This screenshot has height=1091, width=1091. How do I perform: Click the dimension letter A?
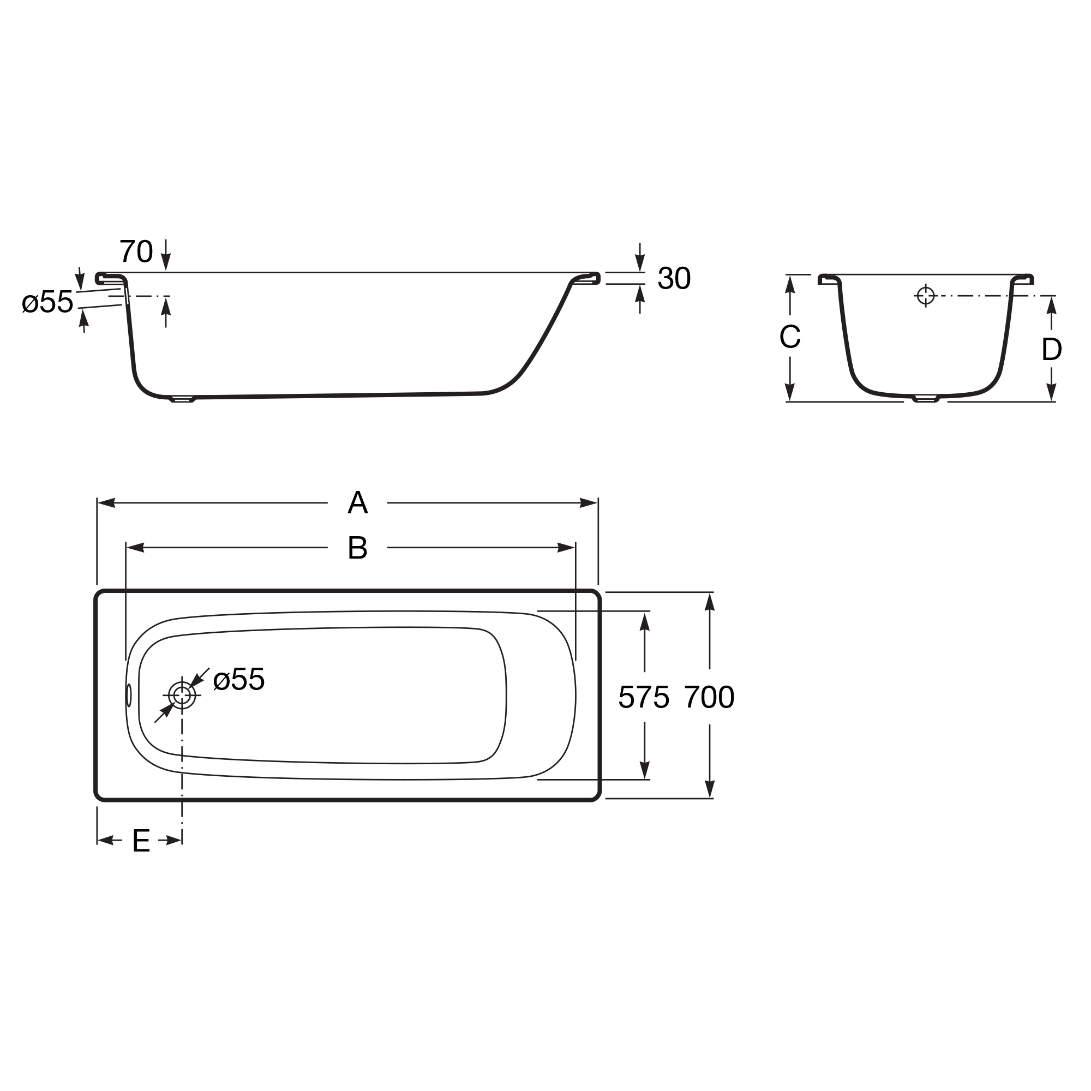pyautogui.click(x=357, y=502)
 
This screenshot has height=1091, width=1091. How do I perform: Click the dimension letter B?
pyautogui.click(x=357, y=547)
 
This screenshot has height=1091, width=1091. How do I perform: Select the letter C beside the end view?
pyautogui.click(x=789, y=337)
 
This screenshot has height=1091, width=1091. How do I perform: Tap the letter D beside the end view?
pyautogui.click(x=1052, y=350)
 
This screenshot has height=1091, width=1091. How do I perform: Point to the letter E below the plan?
pyautogui.click(x=141, y=841)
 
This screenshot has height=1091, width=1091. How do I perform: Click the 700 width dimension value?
pyautogui.click(x=709, y=697)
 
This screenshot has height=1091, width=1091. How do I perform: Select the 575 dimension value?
pyautogui.click(x=644, y=697)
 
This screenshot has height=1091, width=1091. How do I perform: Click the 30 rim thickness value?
pyautogui.click(x=674, y=278)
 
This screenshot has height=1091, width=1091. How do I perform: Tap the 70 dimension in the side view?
pyautogui.click(x=136, y=251)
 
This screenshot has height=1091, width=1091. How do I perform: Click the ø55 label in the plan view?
pyautogui.click(x=239, y=679)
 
